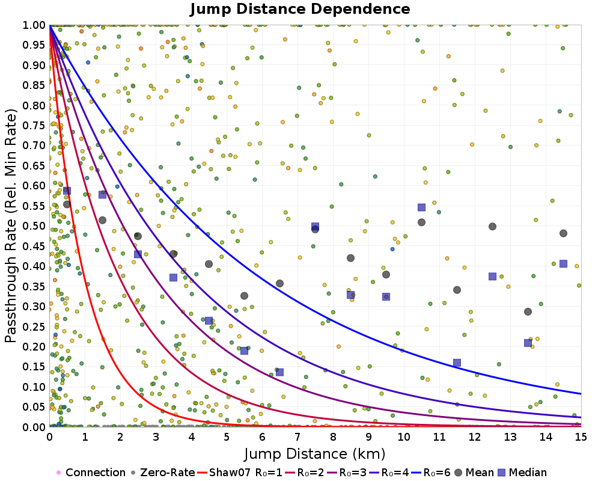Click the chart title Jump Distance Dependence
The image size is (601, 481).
pyautogui.click(x=300, y=10)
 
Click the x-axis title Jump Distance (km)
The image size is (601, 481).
pyautogui.click(x=315, y=453)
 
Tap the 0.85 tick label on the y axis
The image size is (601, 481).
pyautogui.click(x=34, y=85)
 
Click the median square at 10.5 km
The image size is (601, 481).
pyautogui.click(x=421, y=207)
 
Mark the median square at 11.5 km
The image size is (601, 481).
pyautogui.click(x=457, y=363)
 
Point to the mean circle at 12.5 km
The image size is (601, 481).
pyautogui.click(x=492, y=227)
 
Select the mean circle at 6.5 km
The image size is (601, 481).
pyautogui.click(x=279, y=283)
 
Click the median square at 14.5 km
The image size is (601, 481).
pyautogui.click(x=563, y=263)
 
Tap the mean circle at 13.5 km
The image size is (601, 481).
pyautogui.click(x=528, y=311)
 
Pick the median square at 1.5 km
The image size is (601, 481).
pyautogui.click(x=102, y=194)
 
